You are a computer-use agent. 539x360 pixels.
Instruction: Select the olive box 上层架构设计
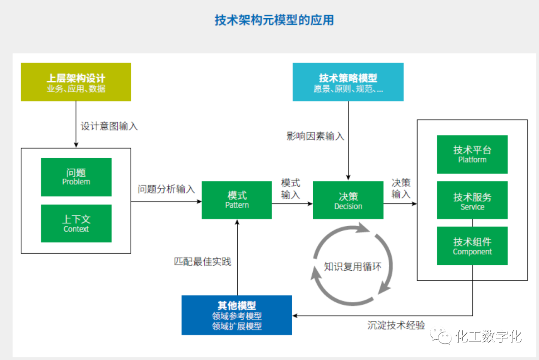click(x=76, y=82)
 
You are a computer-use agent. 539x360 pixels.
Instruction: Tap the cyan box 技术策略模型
click(x=348, y=82)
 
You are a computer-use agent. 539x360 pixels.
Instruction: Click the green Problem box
click(x=76, y=177)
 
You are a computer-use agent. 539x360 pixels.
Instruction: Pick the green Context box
click(x=76, y=223)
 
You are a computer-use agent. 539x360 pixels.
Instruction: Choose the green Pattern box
click(x=237, y=200)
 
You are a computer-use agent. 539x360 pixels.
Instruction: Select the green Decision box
click(x=348, y=200)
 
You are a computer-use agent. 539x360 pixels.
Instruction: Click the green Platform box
click(x=472, y=154)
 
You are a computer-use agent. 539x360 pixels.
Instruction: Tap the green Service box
click(x=472, y=200)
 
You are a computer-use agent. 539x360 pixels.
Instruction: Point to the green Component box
click(x=472, y=246)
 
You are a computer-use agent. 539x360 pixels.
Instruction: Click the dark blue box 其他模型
click(x=237, y=315)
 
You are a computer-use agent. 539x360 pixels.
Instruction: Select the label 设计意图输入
click(x=109, y=126)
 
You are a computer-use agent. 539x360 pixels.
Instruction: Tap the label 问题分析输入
click(x=166, y=189)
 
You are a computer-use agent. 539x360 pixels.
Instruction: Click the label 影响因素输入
click(x=315, y=136)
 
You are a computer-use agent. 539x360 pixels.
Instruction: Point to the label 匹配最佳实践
click(x=202, y=261)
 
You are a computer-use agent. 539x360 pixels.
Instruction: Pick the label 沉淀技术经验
click(x=396, y=325)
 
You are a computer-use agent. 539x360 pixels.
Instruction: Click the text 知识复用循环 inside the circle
click(x=352, y=266)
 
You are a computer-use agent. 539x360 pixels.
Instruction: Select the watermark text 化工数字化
click(x=488, y=336)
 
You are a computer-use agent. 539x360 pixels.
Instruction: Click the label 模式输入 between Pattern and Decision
click(x=290, y=189)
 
